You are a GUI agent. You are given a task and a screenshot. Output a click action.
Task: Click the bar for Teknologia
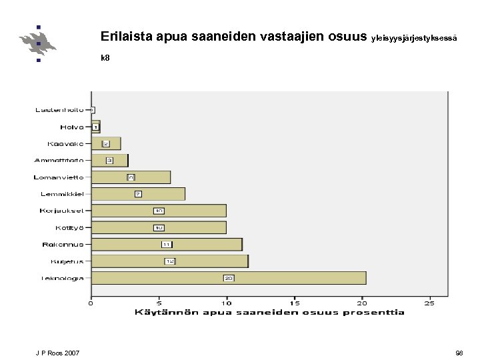229,278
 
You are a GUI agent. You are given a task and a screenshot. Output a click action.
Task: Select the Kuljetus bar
169,261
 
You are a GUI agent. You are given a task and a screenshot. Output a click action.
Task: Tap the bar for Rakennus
167,245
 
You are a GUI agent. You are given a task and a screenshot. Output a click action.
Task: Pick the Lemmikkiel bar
138,194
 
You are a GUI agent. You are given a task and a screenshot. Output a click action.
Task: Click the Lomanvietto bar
131,177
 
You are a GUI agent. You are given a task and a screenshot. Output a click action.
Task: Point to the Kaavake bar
106,143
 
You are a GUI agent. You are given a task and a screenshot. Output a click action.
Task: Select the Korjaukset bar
159,211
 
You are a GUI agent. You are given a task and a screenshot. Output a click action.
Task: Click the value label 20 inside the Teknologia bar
229,278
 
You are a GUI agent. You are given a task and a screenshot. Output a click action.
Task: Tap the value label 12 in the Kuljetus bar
170,261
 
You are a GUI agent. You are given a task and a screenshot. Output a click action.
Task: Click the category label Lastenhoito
59,110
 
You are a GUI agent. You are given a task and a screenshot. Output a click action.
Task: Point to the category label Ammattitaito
59,160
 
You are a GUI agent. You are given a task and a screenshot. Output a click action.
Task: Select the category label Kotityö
69,227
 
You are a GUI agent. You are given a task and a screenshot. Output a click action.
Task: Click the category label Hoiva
72,127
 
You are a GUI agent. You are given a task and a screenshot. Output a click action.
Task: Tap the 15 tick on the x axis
295,303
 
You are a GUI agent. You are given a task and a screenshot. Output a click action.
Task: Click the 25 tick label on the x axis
430,303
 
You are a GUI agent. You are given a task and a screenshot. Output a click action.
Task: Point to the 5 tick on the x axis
159,303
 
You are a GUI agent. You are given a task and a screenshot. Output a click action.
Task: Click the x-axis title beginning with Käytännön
269,312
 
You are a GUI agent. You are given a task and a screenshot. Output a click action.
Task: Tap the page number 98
459,353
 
